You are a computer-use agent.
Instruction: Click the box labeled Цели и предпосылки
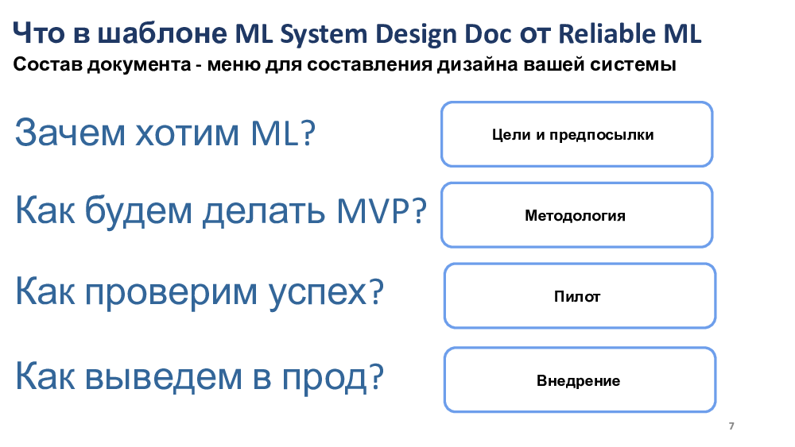(x=577, y=134)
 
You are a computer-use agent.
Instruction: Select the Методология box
(x=577, y=215)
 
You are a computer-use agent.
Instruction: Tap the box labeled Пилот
(x=580, y=296)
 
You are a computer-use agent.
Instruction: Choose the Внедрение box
(x=580, y=380)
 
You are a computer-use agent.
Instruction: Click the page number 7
(x=731, y=426)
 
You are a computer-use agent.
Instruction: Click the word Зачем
(x=70, y=133)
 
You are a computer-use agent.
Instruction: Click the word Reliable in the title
(x=607, y=34)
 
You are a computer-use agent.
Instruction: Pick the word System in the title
(x=324, y=34)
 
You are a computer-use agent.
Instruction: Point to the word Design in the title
(x=417, y=34)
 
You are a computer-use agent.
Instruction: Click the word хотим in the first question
(x=187, y=134)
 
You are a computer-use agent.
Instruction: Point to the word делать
(x=264, y=210)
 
